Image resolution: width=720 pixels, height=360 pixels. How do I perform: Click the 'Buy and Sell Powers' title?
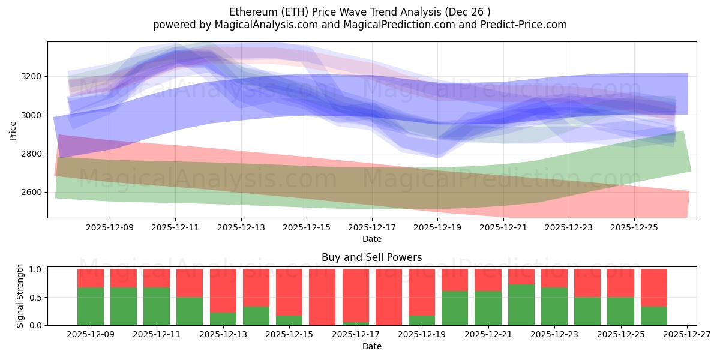coord(371,257)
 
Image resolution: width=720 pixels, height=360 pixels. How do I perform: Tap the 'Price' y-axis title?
coord(13,130)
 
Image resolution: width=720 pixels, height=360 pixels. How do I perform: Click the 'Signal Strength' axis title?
coord(20,296)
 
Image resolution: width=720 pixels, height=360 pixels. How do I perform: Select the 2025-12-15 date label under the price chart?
coord(307,228)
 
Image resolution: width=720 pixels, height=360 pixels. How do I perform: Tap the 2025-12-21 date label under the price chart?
coord(503,228)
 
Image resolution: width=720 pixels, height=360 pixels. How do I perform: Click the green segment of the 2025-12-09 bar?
coord(91,306)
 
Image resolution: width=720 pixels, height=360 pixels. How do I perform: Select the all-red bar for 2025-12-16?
coord(322,297)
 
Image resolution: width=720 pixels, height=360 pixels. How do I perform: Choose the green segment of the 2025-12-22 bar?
coord(521,305)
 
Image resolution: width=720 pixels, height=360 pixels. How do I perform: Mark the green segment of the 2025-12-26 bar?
coord(653,316)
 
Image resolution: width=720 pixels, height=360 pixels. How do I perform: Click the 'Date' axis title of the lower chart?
coord(371,346)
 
